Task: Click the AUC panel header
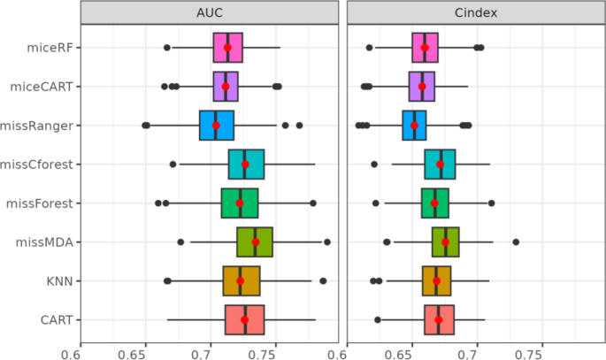(x=210, y=13)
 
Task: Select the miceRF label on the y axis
(x=50, y=48)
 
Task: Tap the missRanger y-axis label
(x=40, y=126)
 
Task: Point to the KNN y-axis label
(x=59, y=281)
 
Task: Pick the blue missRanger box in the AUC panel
(x=217, y=126)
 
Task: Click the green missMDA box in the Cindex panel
(x=445, y=241)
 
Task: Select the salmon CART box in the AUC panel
(x=245, y=319)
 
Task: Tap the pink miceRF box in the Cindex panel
(x=425, y=48)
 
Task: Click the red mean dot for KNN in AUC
(x=240, y=281)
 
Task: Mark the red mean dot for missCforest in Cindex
(x=441, y=165)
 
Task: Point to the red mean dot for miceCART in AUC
(x=226, y=87)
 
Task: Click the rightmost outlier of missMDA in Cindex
(x=516, y=241)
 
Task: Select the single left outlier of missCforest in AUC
(x=173, y=165)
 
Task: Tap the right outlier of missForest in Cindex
(x=492, y=203)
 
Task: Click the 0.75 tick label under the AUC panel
(x=270, y=352)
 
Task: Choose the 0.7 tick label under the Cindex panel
(x=477, y=352)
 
